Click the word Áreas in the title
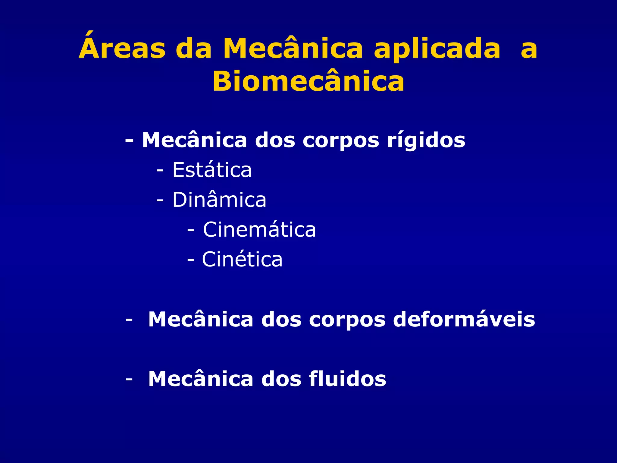(122, 48)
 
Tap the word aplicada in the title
(437, 50)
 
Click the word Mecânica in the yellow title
(293, 48)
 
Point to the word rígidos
(426, 141)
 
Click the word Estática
(212, 170)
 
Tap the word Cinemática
(259, 230)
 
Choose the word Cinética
(242, 259)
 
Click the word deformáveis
(464, 319)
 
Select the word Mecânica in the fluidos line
(201, 379)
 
